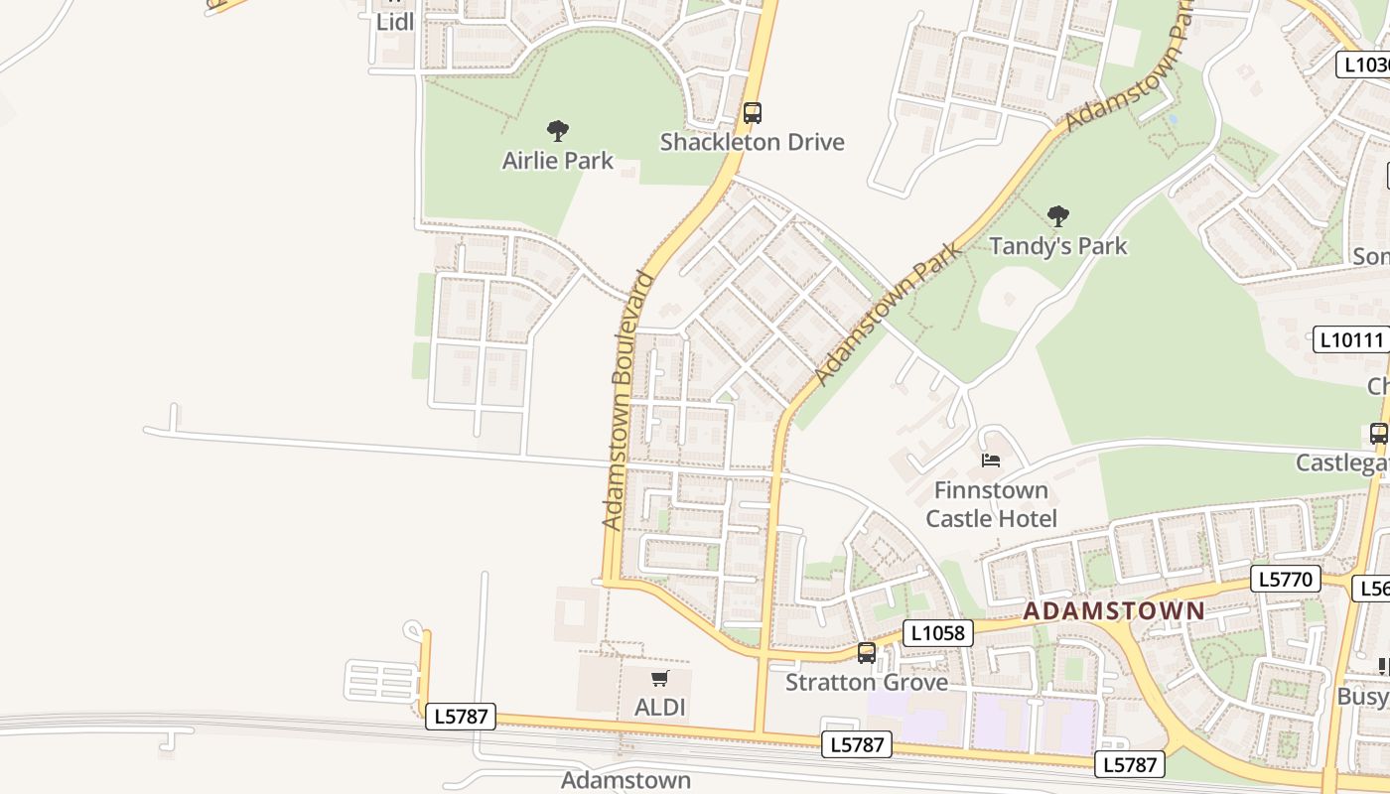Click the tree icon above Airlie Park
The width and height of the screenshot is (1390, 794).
[x=558, y=130]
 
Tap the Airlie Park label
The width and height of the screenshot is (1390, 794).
[x=558, y=161]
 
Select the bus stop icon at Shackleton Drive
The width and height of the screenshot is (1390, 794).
[x=753, y=113]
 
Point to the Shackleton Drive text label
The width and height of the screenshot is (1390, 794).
[x=753, y=142]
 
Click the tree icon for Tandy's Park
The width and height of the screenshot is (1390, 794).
[x=1058, y=215]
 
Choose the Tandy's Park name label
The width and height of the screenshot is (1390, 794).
[x=1058, y=245]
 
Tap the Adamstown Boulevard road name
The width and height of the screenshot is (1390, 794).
[x=628, y=399]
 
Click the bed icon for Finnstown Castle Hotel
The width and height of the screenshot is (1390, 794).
[x=990, y=460]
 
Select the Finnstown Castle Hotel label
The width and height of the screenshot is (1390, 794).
[x=991, y=504]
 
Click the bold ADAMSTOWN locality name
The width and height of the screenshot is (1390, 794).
[x=1113, y=611]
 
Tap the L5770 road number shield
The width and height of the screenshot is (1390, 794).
[x=1286, y=580]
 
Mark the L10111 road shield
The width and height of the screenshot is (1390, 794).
[x=1350, y=339]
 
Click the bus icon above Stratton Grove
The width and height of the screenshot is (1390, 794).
[x=867, y=653]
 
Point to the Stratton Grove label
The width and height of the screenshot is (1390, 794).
[x=867, y=683]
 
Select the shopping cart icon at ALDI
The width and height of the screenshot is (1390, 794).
[x=660, y=679]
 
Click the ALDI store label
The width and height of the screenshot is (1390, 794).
[x=660, y=708]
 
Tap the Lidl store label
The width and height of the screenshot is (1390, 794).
[x=395, y=21]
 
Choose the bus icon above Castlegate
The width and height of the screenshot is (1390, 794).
[x=1378, y=434]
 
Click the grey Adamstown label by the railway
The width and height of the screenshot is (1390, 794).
[x=625, y=780]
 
